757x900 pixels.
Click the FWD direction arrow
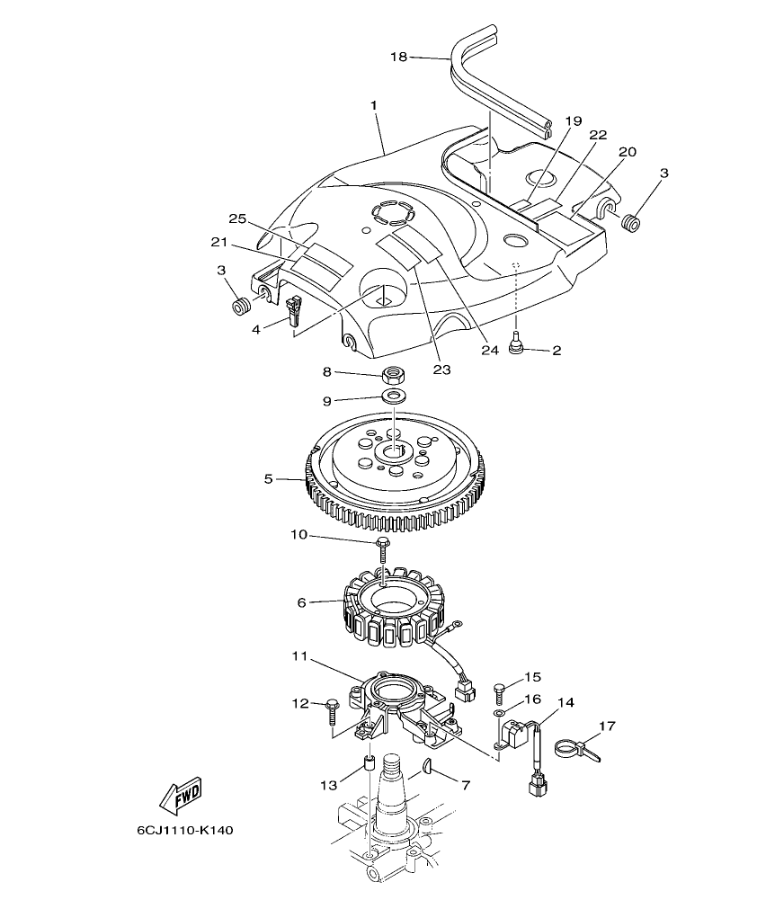(x=181, y=795)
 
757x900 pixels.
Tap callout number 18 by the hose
(x=398, y=57)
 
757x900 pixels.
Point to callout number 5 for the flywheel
(x=268, y=479)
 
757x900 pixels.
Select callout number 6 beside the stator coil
(x=302, y=602)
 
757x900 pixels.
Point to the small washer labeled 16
(x=499, y=713)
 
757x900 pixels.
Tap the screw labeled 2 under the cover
(x=519, y=345)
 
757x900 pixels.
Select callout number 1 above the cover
(x=372, y=106)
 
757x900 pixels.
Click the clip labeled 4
(x=293, y=312)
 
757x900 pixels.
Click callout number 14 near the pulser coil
(x=567, y=701)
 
